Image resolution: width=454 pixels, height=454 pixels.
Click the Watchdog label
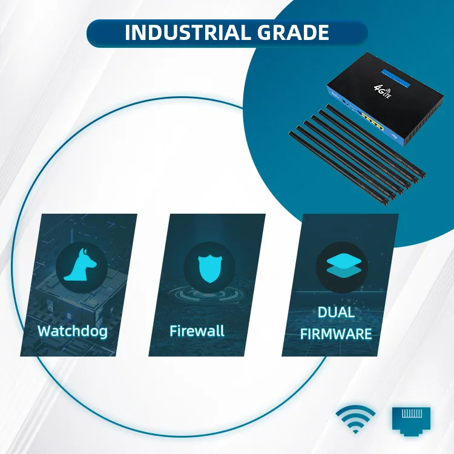pos(73,331)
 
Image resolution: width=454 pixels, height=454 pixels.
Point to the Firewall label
pos(197,331)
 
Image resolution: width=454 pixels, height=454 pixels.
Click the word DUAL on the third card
pos(336,314)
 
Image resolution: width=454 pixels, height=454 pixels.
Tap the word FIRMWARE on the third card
pos(336,334)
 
